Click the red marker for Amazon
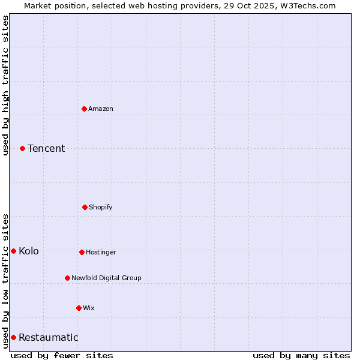pyautogui.click(x=85, y=109)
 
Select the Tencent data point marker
pyautogui.click(x=23, y=148)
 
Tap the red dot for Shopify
pyautogui.click(x=85, y=207)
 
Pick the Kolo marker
pyautogui.click(x=13, y=251)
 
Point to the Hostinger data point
pyautogui.click(x=82, y=252)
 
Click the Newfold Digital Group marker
pyautogui.click(x=67, y=278)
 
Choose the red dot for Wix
pyautogui.click(x=79, y=308)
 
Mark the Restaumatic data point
pyautogui.click(x=13, y=337)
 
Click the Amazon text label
pyautogui.click(x=101, y=109)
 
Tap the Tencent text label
pyautogui.click(x=46, y=148)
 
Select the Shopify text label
pyautogui.click(x=101, y=207)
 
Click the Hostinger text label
pyautogui.click(x=101, y=252)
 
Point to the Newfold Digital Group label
pyautogui.click(x=106, y=278)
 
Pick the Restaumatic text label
pyautogui.click(x=48, y=337)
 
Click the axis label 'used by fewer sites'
pyautogui.click(x=62, y=355)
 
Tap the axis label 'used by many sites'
pyautogui.click(x=301, y=355)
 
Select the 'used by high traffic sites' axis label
pyautogui.click(x=5, y=85)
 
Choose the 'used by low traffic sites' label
pyautogui.click(x=5, y=280)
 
